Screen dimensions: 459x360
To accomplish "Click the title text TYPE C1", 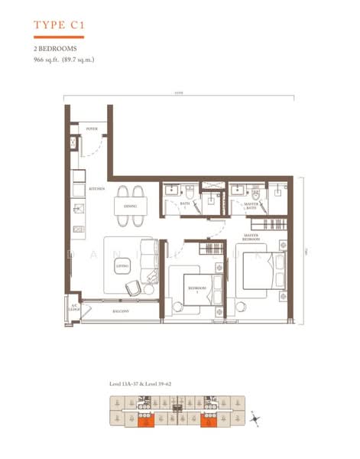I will click(59, 25).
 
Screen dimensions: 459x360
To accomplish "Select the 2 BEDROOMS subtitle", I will click(54, 48).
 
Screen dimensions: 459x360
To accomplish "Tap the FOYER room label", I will click(92, 130).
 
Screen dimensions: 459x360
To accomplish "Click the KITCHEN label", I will click(96, 188).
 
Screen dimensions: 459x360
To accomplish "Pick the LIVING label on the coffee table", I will click(122, 265).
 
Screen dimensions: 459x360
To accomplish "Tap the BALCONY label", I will click(118, 311).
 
